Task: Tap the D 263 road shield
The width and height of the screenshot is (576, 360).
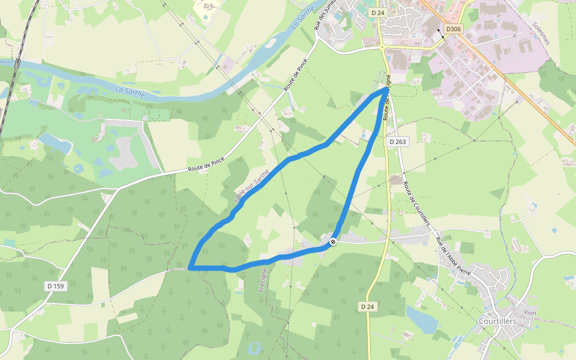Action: pos(397,142)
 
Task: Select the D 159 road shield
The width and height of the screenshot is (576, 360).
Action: pos(55,286)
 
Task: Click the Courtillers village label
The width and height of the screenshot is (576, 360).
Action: pos(498,322)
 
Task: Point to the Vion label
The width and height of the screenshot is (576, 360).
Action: pos(530,313)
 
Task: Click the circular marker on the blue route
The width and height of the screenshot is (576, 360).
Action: pos(332,242)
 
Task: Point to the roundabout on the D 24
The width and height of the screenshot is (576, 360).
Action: pos(382,46)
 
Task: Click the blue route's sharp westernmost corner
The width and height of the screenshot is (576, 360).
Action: pos(190,267)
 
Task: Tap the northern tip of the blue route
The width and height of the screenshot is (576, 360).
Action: pos(385,88)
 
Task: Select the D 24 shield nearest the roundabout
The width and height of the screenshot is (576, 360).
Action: pos(377,12)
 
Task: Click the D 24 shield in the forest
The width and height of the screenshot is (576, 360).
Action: pos(368,307)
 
